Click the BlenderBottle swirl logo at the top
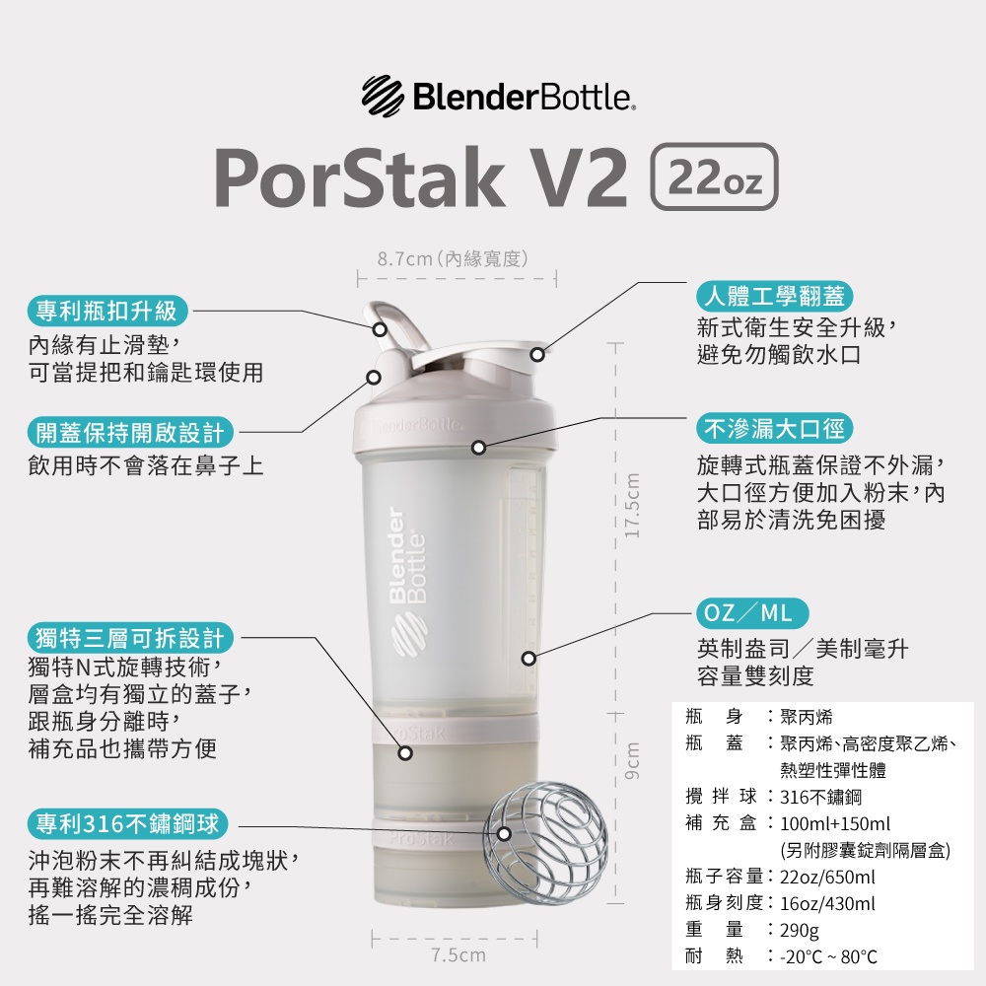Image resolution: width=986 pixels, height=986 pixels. pos(383,97)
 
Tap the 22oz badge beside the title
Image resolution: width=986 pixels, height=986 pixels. pos(714,176)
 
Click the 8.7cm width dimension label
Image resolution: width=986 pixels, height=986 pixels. pos(453,258)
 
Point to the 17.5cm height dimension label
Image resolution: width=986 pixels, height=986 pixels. pos(632,506)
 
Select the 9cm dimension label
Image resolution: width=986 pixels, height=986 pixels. pos(632,761)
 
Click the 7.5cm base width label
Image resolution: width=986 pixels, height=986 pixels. pos(458,955)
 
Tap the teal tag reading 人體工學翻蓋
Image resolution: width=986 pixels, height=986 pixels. pos(774,296)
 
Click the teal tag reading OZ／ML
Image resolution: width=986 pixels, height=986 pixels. pos(752,613)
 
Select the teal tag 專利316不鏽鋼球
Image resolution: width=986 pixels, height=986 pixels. pos(127,823)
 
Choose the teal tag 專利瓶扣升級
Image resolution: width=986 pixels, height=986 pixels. pos(107,311)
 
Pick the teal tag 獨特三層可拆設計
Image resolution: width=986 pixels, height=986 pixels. pos(130,638)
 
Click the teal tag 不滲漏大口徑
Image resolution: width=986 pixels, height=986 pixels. pos(774,428)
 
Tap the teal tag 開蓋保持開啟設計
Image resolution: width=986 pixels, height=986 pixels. pos(130,432)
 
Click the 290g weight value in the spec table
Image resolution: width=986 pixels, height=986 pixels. pos(800,930)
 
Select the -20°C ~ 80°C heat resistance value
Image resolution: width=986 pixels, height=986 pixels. pos(828,956)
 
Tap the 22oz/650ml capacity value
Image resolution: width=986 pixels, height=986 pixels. pos(827,877)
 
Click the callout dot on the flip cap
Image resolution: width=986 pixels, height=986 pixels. pos(537,354)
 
